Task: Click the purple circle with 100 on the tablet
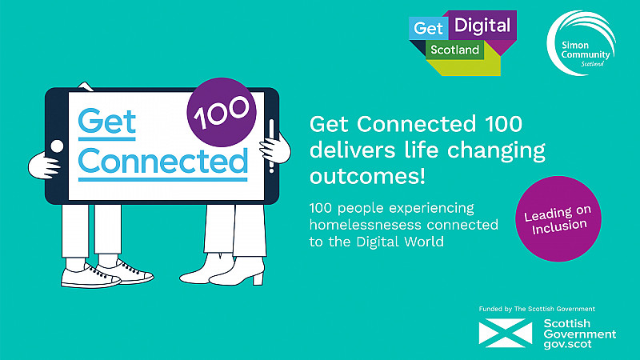[x=222, y=112]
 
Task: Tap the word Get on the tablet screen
[x=106, y=122]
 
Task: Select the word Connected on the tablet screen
[x=163, y=161]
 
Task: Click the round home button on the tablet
[x=57, y=146]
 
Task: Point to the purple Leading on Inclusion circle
[x=558, y=218]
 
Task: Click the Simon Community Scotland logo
[x=582, y=43]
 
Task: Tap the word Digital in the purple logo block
[x=482, y=26]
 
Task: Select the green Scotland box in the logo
[x=454, y=50]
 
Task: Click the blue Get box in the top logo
[x=428, y=28]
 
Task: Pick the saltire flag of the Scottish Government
[x=506, y=333]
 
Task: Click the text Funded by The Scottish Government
[x=537, y=309]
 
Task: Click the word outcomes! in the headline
[x=367, y=176]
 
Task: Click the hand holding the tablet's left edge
[x=43, y=166]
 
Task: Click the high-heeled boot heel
[x=258, y=278]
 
